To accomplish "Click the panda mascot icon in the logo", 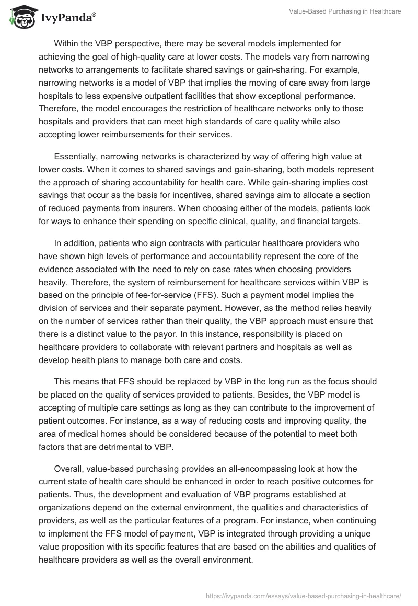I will click(19, 16).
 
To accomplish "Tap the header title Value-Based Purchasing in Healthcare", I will click(345, 11).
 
